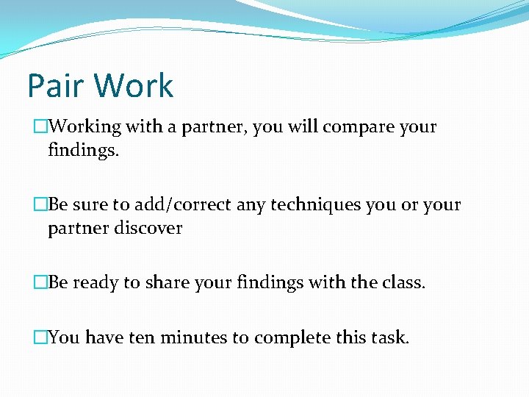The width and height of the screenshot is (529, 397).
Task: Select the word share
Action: [x=152, y=282]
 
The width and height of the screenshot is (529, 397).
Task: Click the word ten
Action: [x=141, y=338]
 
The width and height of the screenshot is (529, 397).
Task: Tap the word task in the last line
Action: [x=389, y=337]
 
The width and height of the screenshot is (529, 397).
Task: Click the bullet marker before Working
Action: [x=40, y=127]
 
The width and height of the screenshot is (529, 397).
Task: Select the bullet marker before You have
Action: [x=40, y=338]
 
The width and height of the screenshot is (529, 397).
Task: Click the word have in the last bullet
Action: [x=104, y=337]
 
